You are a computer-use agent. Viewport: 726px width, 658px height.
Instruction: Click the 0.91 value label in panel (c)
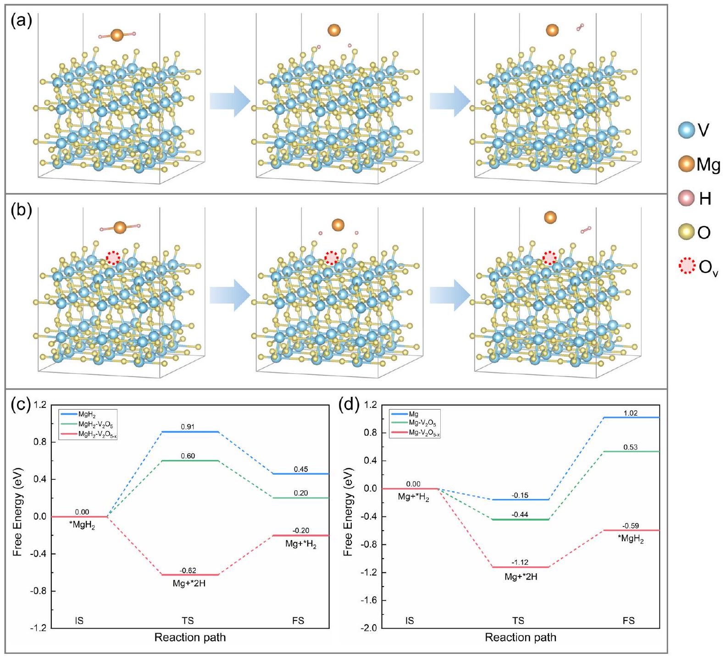click(188, 427)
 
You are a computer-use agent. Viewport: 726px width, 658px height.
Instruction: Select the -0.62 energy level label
click(188, 570)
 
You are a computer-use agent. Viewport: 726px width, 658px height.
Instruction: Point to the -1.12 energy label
click(520, 563)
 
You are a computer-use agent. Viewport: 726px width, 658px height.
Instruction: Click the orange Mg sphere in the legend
click(687, 164)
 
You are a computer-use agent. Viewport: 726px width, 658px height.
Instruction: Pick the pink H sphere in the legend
click(687, 198)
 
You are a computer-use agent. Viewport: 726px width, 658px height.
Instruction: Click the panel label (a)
click(21, 21)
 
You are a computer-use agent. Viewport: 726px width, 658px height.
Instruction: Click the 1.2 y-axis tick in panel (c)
click(40, 405)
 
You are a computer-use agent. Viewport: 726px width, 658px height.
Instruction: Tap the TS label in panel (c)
click(188, 621)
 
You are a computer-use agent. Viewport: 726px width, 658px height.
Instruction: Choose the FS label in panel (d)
click(629, 621)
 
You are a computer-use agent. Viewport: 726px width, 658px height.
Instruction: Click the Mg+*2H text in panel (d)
click(521, 577)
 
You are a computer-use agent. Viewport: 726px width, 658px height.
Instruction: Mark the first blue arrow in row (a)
click(230, 101)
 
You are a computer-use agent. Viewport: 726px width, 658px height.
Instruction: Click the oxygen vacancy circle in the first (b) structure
click(113, 258)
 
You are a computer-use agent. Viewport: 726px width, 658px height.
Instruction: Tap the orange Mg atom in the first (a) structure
click(117, 35)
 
